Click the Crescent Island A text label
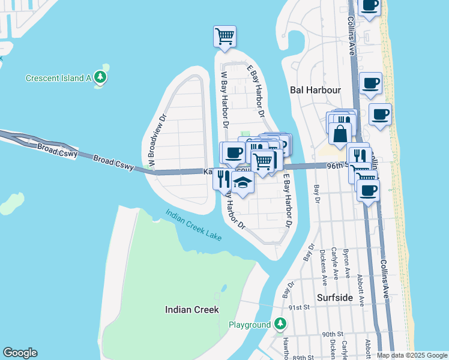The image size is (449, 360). tap(58, 78)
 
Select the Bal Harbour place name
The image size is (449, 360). tap(315, 90)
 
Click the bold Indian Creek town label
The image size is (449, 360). tap(192, 310)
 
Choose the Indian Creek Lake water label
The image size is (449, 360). tap(193, 225)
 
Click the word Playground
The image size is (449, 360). tap(250, 325)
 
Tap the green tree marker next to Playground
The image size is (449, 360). tap(280, 325)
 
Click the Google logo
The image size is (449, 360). tap(20, 353)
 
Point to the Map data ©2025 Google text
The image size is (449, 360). tap(411, 355)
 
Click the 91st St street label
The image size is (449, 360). tap(298, 307)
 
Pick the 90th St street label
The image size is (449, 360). tap(332, 334)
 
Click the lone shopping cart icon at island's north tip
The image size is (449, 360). tap(224, 35)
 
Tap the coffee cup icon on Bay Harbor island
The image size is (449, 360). tap(233, 152)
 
